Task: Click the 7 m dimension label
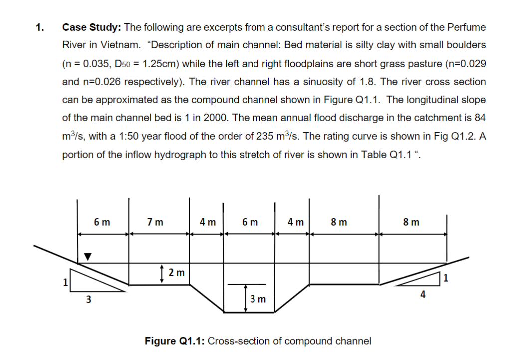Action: tap(155, 222)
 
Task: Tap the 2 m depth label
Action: tap(176, 273)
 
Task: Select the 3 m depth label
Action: tap(258, 299)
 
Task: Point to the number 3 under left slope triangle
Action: tap(89, 300)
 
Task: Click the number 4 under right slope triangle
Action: tap(423, 295)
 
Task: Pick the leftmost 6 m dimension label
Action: tap(102, 222)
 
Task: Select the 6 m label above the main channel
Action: tap(250, 222)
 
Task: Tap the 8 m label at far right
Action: tap(412, 222)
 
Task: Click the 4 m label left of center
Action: tap(207, 222)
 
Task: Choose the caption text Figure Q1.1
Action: tap(174, 341)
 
